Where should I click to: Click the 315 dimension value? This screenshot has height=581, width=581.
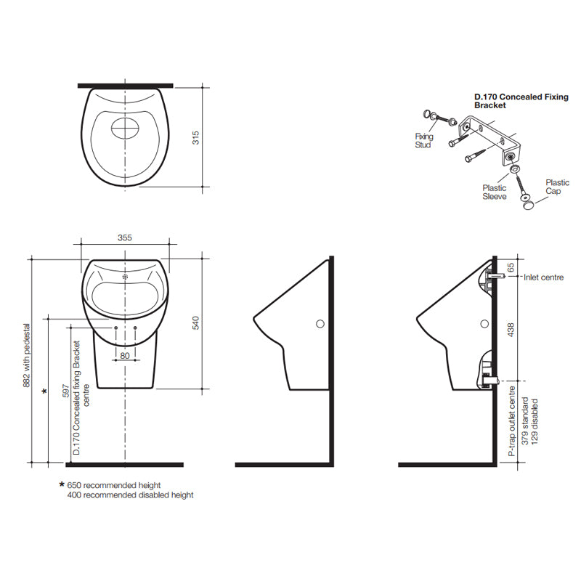point(195,137)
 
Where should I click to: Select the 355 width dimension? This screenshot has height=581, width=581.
point(125,237)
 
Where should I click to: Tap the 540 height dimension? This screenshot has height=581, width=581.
point(195,324)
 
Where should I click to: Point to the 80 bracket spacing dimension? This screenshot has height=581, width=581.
point(125,356)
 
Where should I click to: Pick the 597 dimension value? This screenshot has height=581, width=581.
point(65,392)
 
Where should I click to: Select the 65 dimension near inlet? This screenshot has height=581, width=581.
point(511,267)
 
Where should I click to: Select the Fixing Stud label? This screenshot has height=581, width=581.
point(423,141)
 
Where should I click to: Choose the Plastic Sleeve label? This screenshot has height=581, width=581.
point(495,192)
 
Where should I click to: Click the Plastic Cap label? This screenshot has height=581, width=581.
point(558,187)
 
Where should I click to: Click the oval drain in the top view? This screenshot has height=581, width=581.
point(125,130)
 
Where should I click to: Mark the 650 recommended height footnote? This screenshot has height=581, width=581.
point(114,485)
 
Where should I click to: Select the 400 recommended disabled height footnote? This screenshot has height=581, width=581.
point(130,495)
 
